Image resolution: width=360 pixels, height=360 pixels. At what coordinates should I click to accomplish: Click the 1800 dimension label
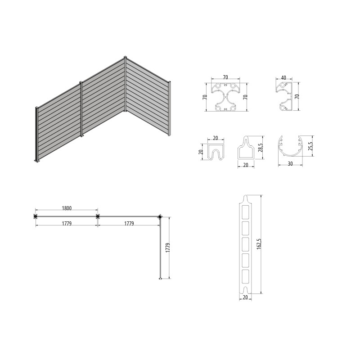[x=67, y=208]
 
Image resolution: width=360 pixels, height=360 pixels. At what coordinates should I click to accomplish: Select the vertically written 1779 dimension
[x=168, y=248]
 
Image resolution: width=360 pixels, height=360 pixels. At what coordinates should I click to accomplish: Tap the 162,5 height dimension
[x=259, y=244]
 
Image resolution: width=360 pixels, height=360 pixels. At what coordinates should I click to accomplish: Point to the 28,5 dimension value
[x=261, y=148]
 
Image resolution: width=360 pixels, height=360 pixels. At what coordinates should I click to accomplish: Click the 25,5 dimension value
[x=310, y=146]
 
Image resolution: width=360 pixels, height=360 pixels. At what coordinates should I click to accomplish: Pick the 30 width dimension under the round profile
[x=290, y=164]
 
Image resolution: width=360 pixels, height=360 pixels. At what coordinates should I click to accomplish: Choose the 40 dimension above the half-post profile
[x=283, y=78]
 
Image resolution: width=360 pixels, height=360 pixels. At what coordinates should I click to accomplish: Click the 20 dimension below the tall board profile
[x=245, y=297]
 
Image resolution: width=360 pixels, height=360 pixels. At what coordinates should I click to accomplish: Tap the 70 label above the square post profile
[x=225, y=77]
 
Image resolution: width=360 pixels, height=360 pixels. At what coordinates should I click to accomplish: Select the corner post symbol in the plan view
[x=160, y=216]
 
